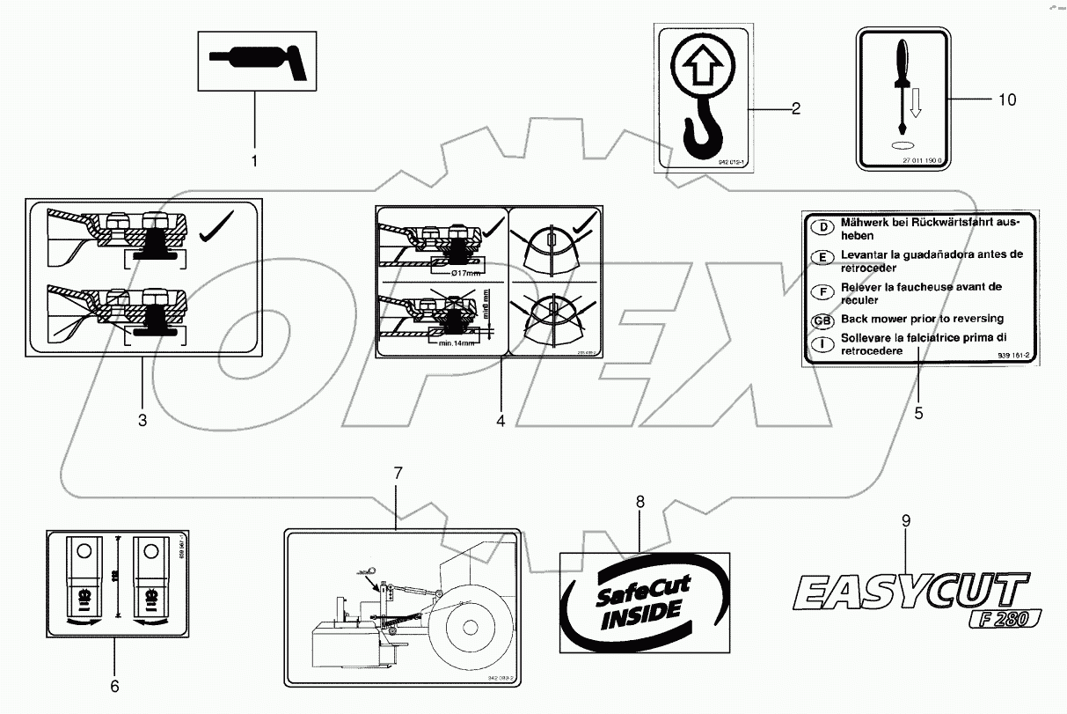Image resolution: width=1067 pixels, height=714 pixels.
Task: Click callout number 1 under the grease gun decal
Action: [255, 161]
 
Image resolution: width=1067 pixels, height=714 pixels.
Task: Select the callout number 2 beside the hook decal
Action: [795, 109]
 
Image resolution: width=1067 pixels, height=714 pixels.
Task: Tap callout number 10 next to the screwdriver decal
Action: [1006, 99]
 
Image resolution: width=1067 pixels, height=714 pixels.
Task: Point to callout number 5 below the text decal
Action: [918, 411]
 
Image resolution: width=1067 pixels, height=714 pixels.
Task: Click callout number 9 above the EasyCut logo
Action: [905, 520]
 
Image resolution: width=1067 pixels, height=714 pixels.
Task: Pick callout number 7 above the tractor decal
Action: [397, 473]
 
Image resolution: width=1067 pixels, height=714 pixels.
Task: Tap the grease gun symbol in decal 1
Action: [256, 61]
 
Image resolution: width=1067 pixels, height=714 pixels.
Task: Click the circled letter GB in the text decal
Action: [821, 320]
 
